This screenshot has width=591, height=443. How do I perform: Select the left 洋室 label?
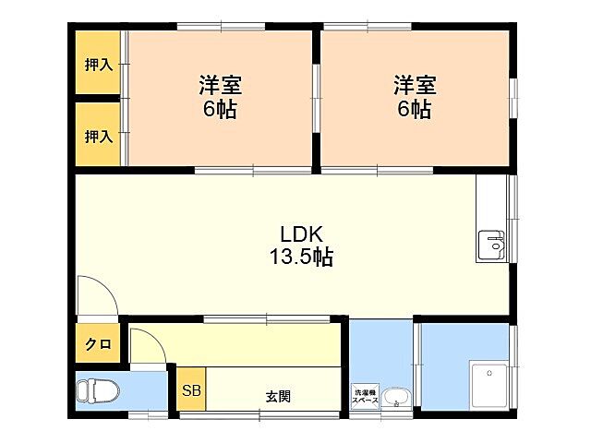click(x=220, y=86)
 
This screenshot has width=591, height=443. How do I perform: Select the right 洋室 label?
click(x=415, y=86)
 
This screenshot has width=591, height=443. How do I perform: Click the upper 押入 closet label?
click(x=98, y=65)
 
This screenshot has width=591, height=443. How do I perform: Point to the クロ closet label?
click(x=98, y=345)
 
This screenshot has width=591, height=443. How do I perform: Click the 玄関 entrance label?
click(x=278, y=398)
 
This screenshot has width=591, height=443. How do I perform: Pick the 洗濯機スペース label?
click(x=365, y=396)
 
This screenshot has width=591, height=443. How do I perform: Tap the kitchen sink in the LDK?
click(x=491, y=246)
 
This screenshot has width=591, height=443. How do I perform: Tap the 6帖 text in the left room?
click(x=220, y=109)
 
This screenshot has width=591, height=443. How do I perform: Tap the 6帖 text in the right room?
click(x=415, y=109)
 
